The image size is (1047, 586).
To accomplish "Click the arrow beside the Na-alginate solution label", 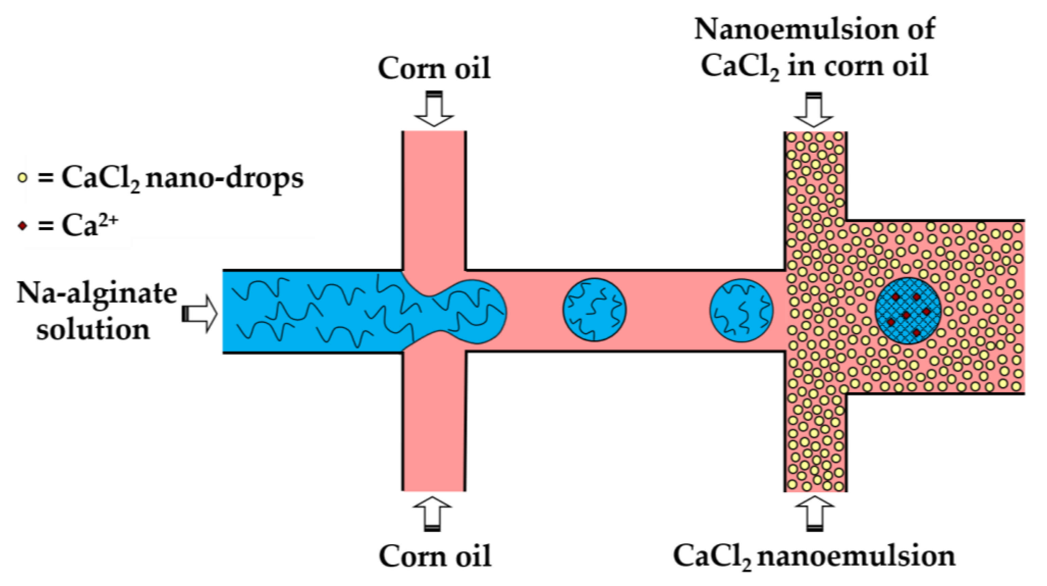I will (200, 314).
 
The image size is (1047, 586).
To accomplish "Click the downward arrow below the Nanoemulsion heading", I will (814, 110).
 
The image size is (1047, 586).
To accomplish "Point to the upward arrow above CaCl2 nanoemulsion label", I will (814, 513).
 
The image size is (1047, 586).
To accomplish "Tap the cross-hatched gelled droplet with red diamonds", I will (907, 311).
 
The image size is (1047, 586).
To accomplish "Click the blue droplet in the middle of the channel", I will (594, 310).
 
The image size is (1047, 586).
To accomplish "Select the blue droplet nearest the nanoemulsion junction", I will (741, 310).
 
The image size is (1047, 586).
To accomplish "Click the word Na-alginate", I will (97, 293).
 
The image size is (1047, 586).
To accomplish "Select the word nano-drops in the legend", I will (224, 178).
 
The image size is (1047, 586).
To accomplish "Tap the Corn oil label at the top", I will (434, 68).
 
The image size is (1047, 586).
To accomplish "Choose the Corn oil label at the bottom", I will (435, 556).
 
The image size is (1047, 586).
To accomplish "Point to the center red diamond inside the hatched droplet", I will (906, 315).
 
